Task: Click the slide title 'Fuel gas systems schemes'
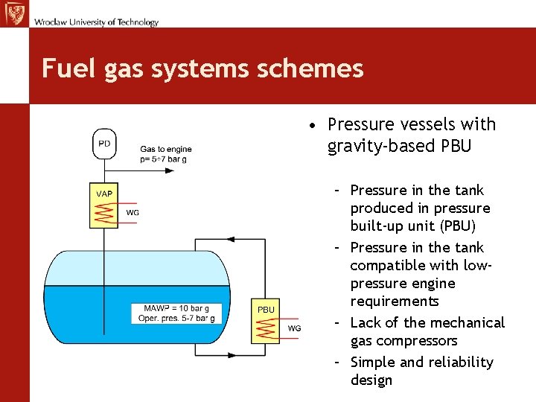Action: coord(202,68)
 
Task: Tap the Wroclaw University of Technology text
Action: coord(95,22)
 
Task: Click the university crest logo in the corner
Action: coord(14,14)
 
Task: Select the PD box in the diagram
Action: coord(104,144)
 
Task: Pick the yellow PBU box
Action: coord(266,322)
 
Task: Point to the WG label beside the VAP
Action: coord(132,213)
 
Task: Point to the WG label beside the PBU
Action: coord(294,328)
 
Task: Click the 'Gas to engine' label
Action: coord(165,150)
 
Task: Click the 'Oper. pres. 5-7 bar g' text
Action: coord(176,319)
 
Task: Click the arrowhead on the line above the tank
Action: coord(230,240)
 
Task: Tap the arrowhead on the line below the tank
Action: coord(231,355)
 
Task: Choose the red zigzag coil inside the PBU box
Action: coord(266,329)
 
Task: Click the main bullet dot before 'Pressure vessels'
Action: coord(316,125)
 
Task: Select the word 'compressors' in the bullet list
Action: coord(415,341)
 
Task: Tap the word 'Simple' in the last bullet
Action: coord(374,363)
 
